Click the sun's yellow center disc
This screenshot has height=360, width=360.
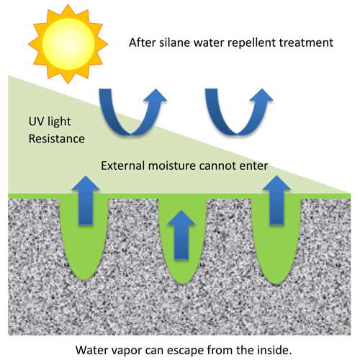68,44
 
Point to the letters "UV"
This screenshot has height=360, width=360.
36,121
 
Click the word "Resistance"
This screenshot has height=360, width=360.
57,139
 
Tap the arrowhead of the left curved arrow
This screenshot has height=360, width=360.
156,96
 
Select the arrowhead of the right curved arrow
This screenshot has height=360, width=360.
261,95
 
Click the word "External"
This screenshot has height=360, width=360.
122,166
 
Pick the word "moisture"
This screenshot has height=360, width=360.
172,166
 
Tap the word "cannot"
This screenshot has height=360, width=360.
215,166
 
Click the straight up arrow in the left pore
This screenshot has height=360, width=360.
86,200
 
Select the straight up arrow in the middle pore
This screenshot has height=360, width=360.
181,235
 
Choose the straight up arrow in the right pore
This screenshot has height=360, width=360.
276,200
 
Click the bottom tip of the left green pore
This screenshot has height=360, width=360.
84,279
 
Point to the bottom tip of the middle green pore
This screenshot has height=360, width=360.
182,284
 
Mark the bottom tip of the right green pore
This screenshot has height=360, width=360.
276,284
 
